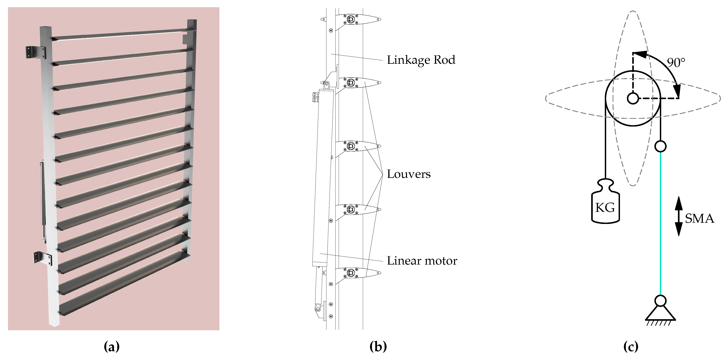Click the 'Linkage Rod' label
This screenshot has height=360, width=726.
tap(421, 60)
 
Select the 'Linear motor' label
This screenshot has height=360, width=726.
tap(422, 261)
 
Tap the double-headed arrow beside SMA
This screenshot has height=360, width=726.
tap(678, 216)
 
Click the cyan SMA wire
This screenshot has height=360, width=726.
tap(660, 225)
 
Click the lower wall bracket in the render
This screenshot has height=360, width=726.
tap(42, 258)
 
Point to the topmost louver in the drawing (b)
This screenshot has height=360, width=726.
tap(351, 19)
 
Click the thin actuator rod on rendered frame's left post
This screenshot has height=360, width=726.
tap(43, 200)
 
